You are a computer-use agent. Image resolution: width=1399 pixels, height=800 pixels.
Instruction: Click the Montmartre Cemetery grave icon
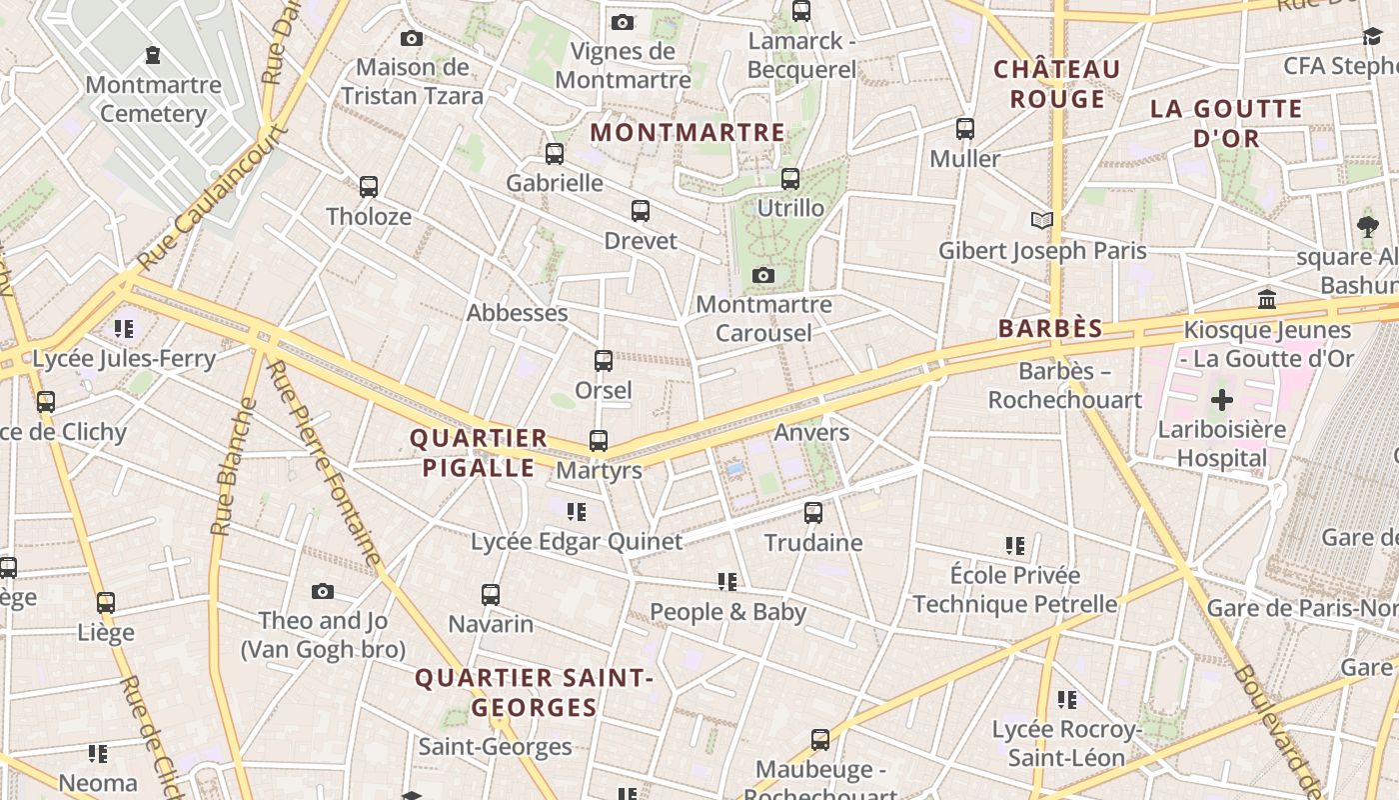[x=152, y=55]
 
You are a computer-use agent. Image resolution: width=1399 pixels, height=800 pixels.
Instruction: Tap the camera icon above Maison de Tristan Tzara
[x=411, y=39]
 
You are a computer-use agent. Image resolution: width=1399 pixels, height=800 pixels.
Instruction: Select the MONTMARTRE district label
[x=688, y=132]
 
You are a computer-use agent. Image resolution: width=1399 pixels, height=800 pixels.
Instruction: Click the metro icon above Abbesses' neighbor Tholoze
[x=369, y=187]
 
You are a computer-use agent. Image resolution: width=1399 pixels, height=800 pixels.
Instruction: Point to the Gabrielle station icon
[x=555, y=154]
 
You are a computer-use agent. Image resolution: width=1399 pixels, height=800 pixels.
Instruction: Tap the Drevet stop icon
[x=641, y=211]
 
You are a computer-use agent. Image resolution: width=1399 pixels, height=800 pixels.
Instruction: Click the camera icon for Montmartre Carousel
[x=763, y=275]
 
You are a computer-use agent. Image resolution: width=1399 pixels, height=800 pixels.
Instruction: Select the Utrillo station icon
[x=790, y=179]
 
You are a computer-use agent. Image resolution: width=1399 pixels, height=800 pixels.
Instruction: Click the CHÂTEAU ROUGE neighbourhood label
[x=1057, y=84]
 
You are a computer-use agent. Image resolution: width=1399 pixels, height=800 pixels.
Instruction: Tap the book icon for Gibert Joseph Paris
[x=1042, y=220]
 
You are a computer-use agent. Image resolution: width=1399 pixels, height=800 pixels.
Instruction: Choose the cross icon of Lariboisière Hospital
[x=1221, y=401]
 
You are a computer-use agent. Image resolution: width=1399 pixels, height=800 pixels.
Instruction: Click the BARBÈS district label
[x=1050, y=329]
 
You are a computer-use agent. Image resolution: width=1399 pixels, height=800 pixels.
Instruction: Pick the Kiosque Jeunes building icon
[x=1267, y=299]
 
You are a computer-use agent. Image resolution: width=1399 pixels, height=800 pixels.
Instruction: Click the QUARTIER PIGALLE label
[x=479, y=452]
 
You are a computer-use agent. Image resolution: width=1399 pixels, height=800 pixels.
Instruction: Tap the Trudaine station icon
[x=813, y=513]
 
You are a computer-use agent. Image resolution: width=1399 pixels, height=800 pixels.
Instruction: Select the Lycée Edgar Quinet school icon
[x=577, y=512]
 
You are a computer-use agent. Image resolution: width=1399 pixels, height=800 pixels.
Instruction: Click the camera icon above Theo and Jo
[x=322, y=591]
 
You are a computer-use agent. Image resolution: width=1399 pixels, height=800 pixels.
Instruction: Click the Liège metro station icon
[x=106, y=603]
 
